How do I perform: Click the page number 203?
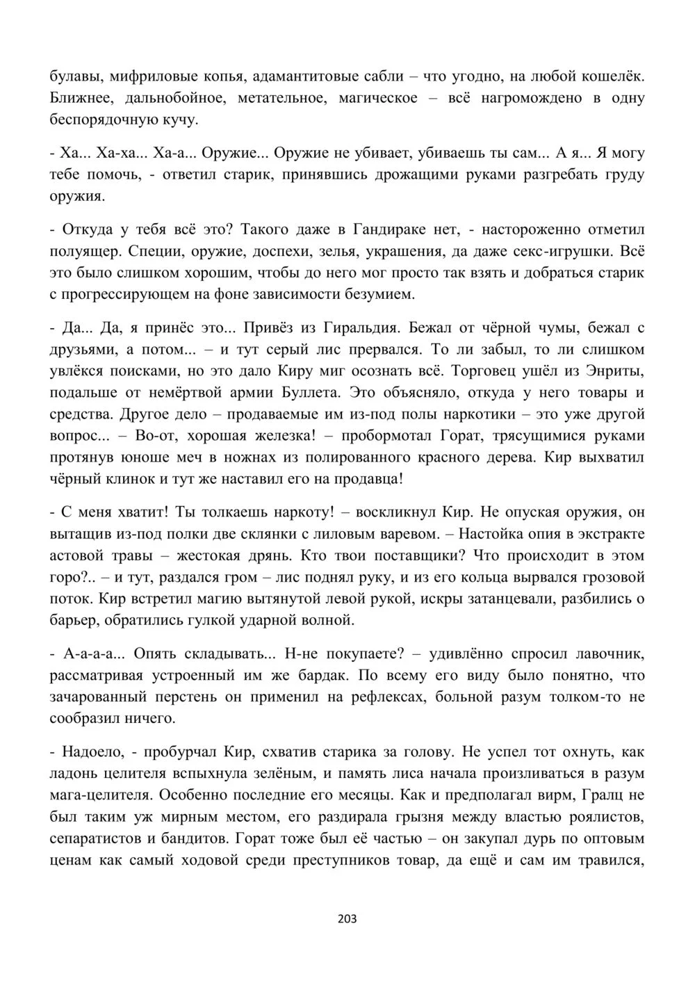pos(347,919)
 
